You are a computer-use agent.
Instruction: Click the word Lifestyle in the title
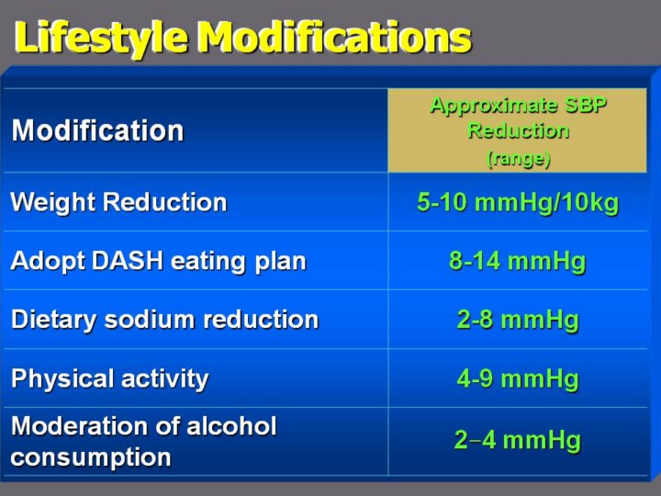tap(100, 37)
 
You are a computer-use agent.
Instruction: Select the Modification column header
tap(98, 130)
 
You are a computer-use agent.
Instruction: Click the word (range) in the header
tap(519, 159)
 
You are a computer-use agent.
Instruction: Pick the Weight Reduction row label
tap(118, 201)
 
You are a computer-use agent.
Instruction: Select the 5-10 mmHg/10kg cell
tap(518, 202)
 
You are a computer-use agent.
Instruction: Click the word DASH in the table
tap(128, 260)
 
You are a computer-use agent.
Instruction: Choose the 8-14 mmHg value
tap(518, 261)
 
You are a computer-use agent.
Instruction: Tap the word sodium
tap(151, 319)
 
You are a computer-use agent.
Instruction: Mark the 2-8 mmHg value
tap(518, 320)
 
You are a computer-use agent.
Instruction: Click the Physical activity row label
tap(110, 378)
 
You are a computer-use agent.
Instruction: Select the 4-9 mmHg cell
tap(518, 378)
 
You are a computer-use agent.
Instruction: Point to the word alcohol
tap(231, 425)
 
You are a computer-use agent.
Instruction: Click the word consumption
tap(91, 457)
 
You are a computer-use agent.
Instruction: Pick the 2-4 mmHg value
tap(518, 440)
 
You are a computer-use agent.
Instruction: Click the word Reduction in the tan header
tap(519, 130)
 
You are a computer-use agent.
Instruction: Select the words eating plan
tap(238, 262)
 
